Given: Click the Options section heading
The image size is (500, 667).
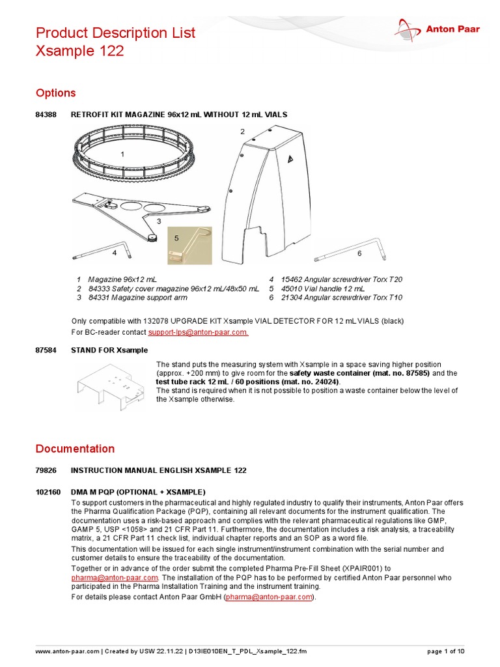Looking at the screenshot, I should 55,92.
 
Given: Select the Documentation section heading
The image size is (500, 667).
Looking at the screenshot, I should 75,448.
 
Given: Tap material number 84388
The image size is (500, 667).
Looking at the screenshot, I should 46,115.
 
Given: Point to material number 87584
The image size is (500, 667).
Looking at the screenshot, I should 46,350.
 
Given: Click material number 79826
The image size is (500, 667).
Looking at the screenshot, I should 46,470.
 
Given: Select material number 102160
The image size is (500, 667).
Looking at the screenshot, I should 48,492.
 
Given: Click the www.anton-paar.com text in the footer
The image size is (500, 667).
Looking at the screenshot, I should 67,651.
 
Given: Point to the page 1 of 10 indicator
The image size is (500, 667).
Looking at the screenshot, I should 446,651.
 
